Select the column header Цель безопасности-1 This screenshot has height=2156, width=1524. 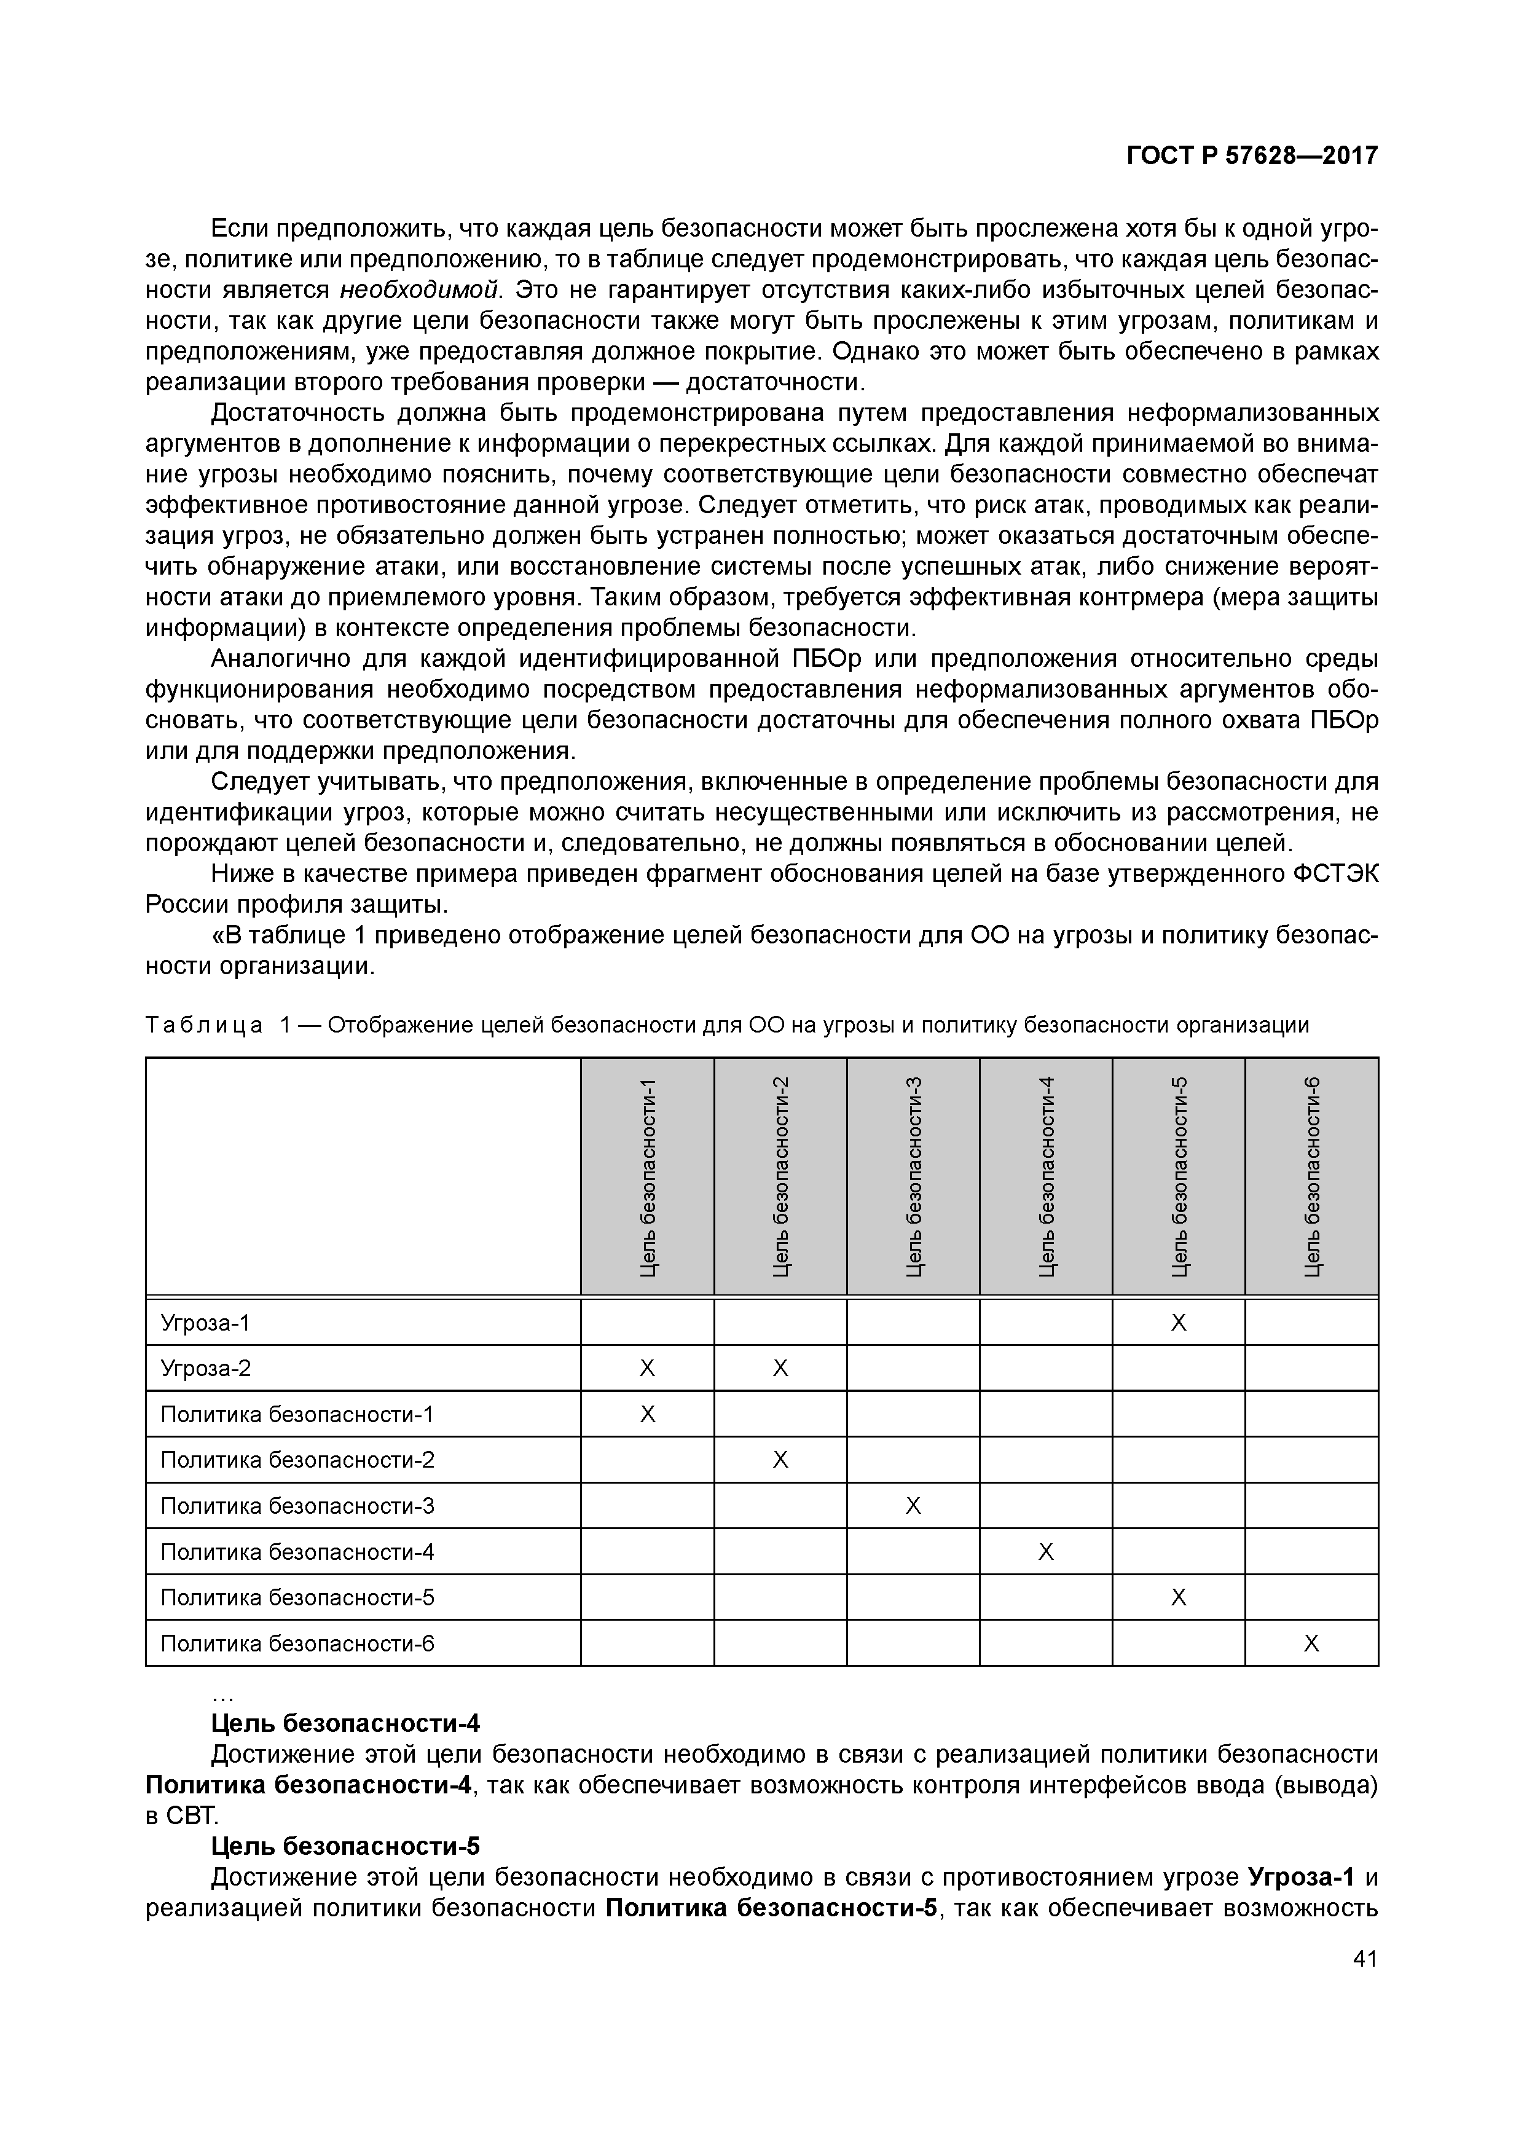coord(647,1178)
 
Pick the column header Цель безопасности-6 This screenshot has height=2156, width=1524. coord(1312,1178)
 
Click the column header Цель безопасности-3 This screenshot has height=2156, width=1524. coord(913,1178)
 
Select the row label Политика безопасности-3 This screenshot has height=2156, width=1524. coord(297,1506)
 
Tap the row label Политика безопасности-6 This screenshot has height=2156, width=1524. coord(297,1643)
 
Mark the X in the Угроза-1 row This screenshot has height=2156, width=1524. coord(1179,1323)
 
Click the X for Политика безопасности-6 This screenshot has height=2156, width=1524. coord(1312,1643)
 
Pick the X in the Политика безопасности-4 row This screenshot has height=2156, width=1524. coord(1046,1552)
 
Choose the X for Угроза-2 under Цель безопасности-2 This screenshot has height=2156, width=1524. coord(780,1369)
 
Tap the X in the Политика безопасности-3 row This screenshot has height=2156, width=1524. coord(913,1506)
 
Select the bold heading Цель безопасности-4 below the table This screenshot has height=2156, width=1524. coord(345,1723)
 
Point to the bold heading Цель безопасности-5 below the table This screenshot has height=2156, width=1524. coord(345,1846)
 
